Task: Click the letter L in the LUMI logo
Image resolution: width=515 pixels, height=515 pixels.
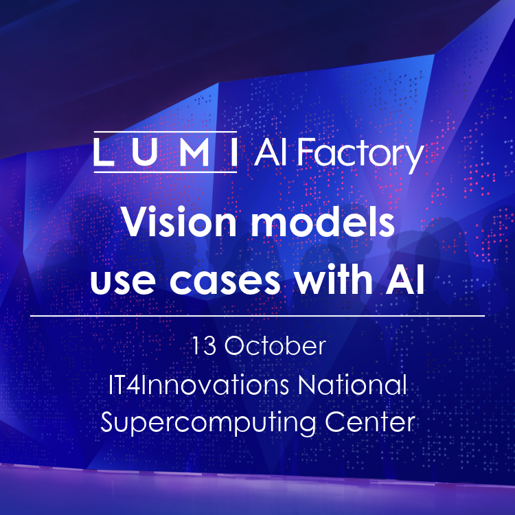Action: [104, 152]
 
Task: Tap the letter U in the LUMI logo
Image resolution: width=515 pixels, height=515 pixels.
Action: [144, 152]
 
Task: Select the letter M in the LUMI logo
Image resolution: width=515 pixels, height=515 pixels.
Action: [195, 152]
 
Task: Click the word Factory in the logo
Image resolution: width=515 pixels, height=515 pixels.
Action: [360, 155]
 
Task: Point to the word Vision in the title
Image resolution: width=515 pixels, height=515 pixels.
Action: [179, 222]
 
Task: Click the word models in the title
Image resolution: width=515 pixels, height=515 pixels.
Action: [323, 222]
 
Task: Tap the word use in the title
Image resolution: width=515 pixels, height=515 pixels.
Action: [122, 281]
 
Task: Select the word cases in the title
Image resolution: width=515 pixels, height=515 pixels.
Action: [225, 281]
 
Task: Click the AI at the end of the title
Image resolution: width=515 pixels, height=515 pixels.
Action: [405, 279]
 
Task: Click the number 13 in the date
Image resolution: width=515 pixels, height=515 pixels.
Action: [204, 346]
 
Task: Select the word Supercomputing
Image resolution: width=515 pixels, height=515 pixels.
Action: [208, 423]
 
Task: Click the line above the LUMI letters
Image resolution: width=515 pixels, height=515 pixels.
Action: [165, 132]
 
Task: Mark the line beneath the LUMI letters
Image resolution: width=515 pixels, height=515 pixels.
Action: [165, 172]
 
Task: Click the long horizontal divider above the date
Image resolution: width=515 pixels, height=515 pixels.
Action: [257, 316]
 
